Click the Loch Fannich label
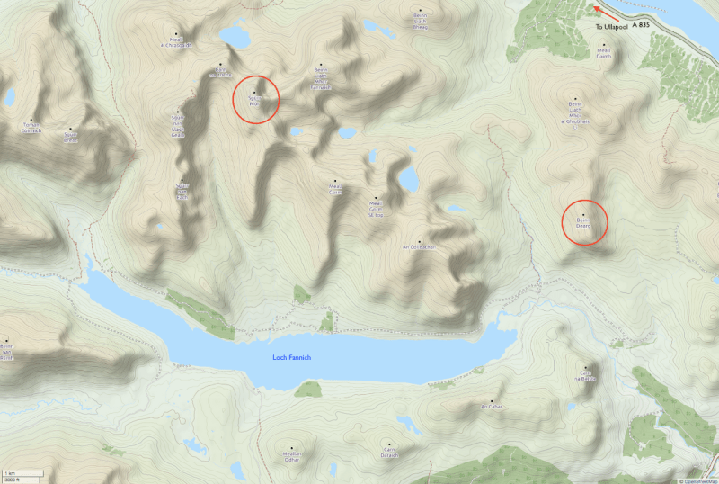292,358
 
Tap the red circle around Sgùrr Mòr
256,99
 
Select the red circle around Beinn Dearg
585,221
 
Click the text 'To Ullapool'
611,27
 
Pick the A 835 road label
641,27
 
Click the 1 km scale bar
13,474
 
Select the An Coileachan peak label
419,246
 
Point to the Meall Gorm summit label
335,189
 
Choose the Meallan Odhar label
290,454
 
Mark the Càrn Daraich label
389,453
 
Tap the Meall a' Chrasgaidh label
175,41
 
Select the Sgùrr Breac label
71,137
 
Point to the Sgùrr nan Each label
183,191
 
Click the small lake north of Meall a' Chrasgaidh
236,36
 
